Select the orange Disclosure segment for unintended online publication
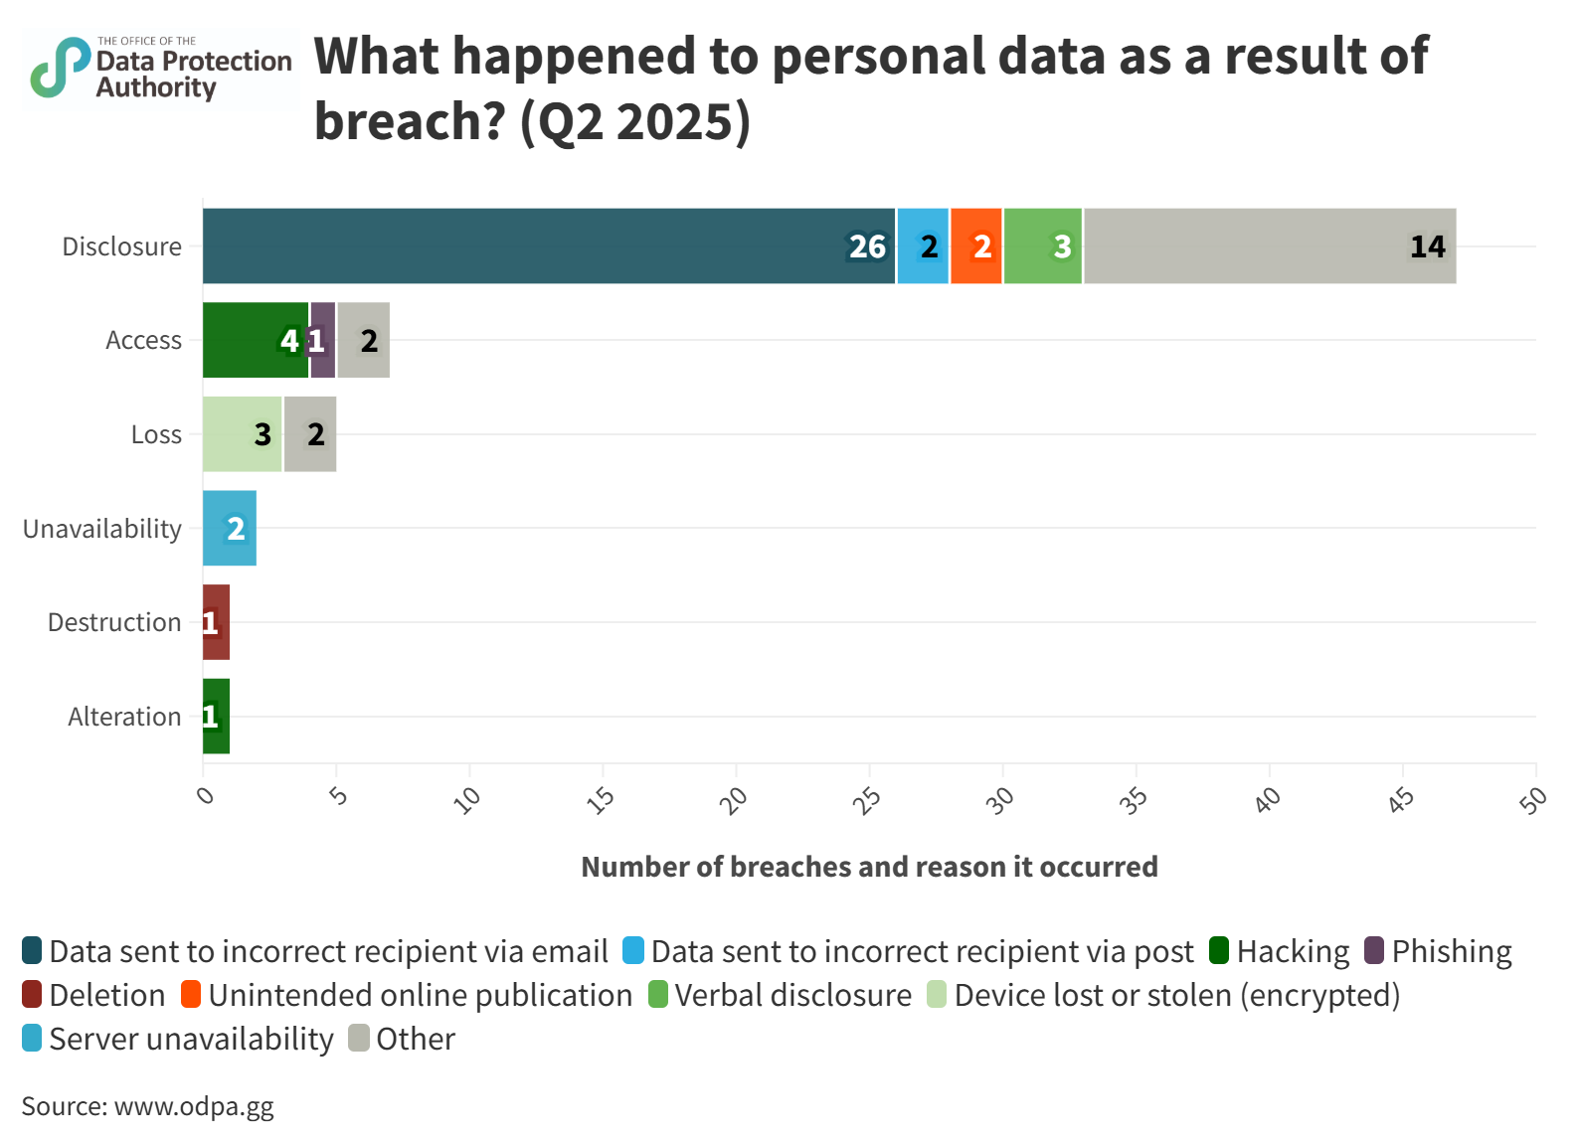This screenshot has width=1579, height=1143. [x=976, y=245]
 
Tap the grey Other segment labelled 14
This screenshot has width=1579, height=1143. [x=1270, y=245]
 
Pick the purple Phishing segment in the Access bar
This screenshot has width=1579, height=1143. [x=323, y=340]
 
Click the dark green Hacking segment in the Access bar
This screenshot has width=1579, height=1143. [x=256, y=340]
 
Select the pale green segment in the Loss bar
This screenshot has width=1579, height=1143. [x=243, y=433]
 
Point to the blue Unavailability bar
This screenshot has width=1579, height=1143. [x=230, y=528]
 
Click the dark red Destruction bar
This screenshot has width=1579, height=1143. [x=217, y=622]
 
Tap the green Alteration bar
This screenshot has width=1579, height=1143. [x=217, y=716]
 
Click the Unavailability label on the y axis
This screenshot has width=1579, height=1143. [x=102, y=529]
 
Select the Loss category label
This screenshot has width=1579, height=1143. [x=156, y=434]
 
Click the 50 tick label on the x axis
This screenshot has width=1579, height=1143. [x=1533, y=799]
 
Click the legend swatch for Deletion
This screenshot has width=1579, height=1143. [x=32, y=995]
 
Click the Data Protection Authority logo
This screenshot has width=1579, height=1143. [x=161, y=70]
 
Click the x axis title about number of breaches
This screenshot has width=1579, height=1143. [x=868, y=867]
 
